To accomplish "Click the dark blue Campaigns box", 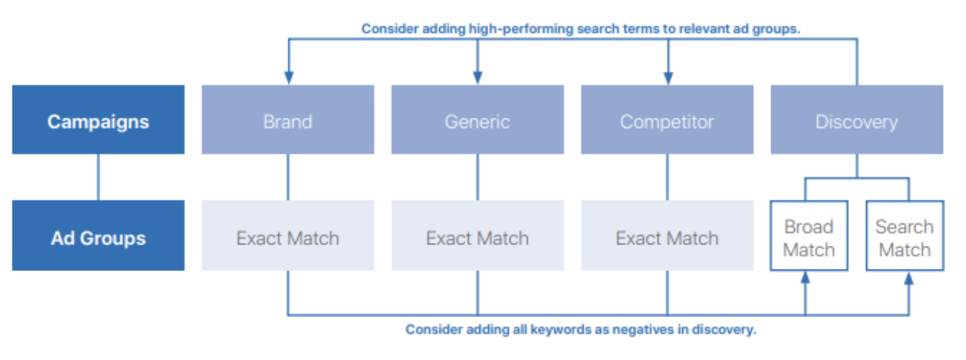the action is (x=99, y=119).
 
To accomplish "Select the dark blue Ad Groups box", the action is (x=99, y=236).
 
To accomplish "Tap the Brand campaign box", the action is (x=288, y=119).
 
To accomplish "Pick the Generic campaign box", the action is (x=477, y=119).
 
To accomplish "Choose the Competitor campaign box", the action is (x=667, y=119).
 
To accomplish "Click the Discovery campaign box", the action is (x=857, y=119).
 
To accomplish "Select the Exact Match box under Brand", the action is (x=288, y=236).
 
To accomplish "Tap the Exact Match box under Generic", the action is (x=477, y=236).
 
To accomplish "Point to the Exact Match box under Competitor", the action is (x=667, y=236).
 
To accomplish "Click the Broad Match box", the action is (x=809, y=236).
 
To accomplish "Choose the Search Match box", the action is (x=905, y=236).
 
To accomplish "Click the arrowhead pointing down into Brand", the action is (x=289, y=78).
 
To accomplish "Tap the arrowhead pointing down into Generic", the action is (x=477, y=78).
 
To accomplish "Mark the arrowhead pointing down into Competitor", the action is (x=668, y=78).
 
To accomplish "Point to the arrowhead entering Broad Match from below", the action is (x=805, y=277).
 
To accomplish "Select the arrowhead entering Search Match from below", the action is (x=909, y=277).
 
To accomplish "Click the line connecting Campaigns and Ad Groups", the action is (x=99, y=177).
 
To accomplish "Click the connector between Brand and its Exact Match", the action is (x=288, y=177).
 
